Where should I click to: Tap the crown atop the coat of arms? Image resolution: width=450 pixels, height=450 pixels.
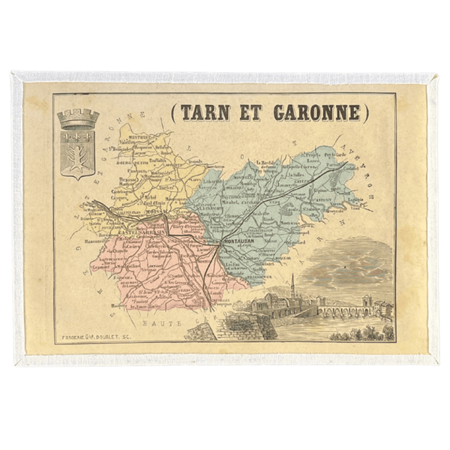(x=78, y=118)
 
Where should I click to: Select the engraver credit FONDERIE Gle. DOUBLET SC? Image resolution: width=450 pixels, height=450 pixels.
(x=100, y=337)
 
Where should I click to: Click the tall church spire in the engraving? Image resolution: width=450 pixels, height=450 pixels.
(x=292, y=285)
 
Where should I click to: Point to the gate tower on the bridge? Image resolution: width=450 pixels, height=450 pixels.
(x=367, y=302)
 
